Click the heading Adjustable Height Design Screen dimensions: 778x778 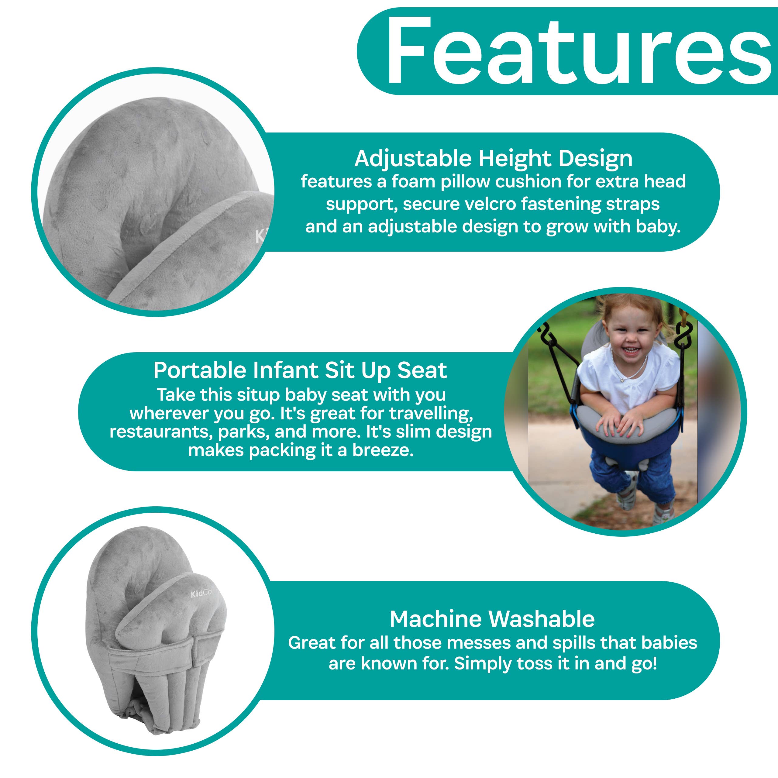tap(493, 159)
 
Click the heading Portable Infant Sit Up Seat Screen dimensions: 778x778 tap(300, 370)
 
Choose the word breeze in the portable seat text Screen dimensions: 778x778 tap(383, 450)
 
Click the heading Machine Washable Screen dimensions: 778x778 tap(492, 619)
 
